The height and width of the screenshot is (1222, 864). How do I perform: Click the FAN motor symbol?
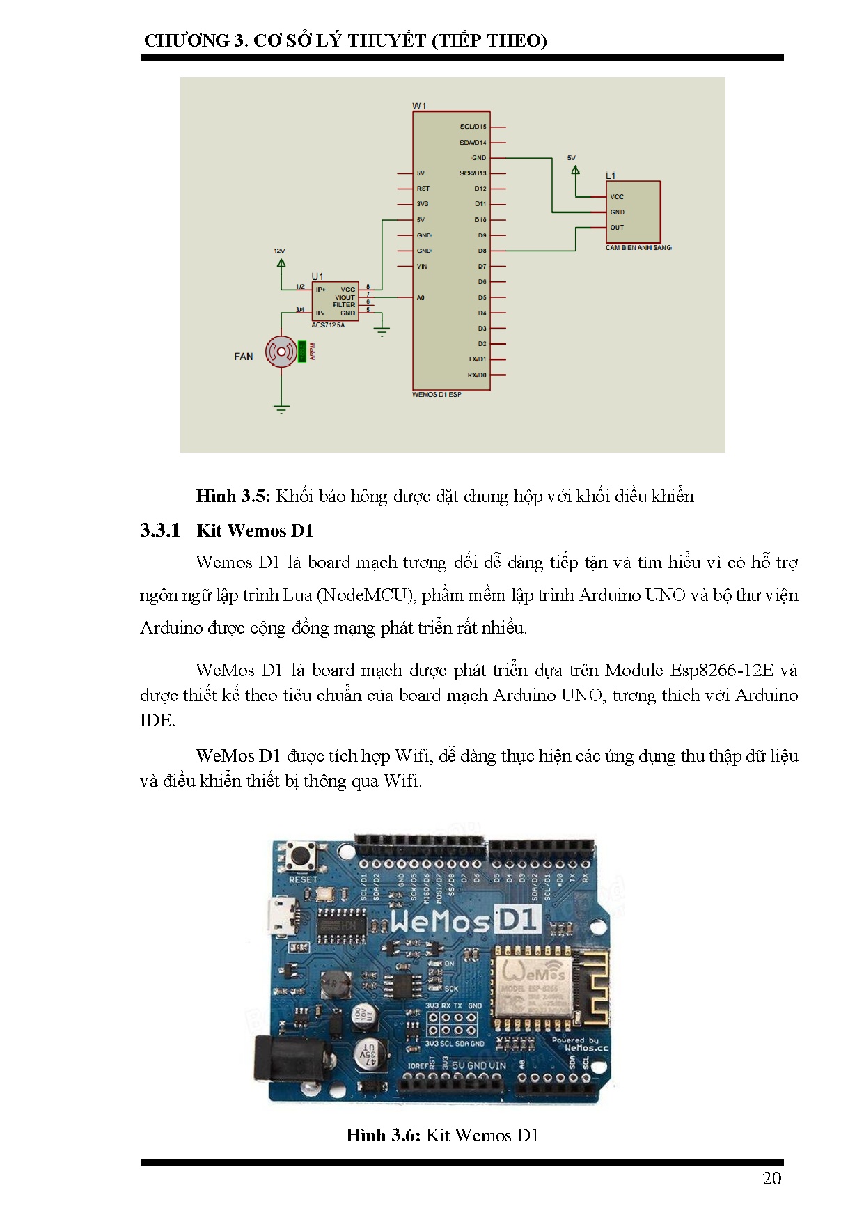(281, 352)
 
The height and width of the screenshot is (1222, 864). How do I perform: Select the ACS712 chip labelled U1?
(335, 301)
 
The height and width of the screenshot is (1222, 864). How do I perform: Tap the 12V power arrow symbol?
(281, 263)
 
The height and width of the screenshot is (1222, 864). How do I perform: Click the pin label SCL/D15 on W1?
(473, 127)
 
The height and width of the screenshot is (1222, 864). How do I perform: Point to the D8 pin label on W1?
(482, 251)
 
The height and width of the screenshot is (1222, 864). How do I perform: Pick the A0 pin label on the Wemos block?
(421, 298)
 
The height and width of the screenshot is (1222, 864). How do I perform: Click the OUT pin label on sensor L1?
(617, 228)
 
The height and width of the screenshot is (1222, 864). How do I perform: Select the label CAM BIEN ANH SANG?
(638, 248)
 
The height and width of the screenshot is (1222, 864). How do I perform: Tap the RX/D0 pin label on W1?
(477, 375)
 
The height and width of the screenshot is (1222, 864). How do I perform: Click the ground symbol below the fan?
(281, 408)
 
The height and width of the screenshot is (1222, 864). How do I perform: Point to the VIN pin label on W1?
(422, 267)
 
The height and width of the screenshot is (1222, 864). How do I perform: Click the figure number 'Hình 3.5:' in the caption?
(233, 496)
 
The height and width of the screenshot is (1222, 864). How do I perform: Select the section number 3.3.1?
(159, 531)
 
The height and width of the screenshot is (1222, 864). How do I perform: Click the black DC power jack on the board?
(272, 1058)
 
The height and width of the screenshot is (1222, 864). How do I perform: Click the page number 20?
(771, 1179)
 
